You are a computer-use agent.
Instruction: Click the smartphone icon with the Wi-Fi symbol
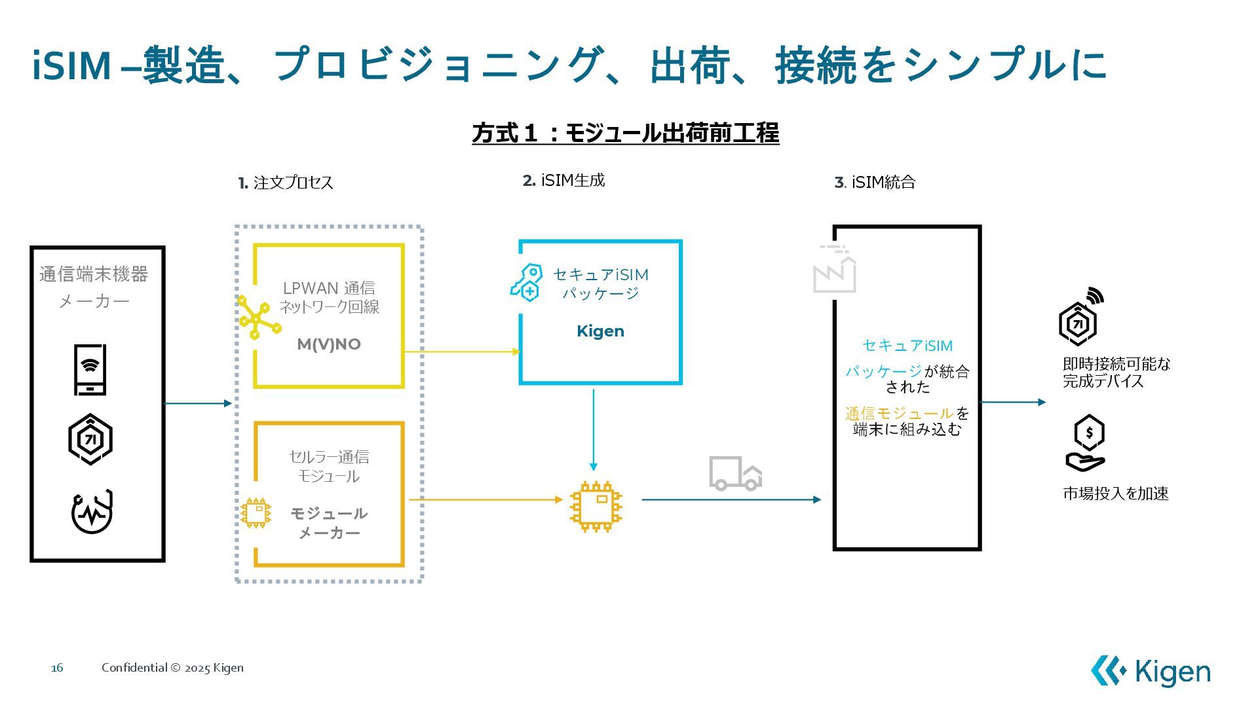[90, 370]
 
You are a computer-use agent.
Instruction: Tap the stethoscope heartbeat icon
[92, 512]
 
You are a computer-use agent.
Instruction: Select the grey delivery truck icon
[735, 473]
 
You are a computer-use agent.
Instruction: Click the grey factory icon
[834, 269]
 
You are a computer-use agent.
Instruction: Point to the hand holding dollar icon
[1086, 443]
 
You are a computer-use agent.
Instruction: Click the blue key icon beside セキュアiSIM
[527, 283]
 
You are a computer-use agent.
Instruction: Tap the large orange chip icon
[596, 506]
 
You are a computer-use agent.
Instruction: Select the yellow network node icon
[259, 317]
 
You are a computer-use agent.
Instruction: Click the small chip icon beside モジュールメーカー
[256, 513]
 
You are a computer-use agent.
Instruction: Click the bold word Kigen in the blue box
[600, 331]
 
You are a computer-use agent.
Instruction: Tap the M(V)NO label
[329, 344]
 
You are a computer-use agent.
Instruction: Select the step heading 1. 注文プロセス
[286, 183]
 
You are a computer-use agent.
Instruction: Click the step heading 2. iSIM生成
[563, 181]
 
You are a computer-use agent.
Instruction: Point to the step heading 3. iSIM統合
[875, 183]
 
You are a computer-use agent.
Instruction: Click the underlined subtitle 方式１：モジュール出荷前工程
[626, 133]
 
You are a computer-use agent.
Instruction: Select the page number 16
[58, 668]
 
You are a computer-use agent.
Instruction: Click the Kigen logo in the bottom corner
[1151, 672]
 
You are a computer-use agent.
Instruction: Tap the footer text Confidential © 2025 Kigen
[172, 668]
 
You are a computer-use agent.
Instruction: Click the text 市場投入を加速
[1116, 494]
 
